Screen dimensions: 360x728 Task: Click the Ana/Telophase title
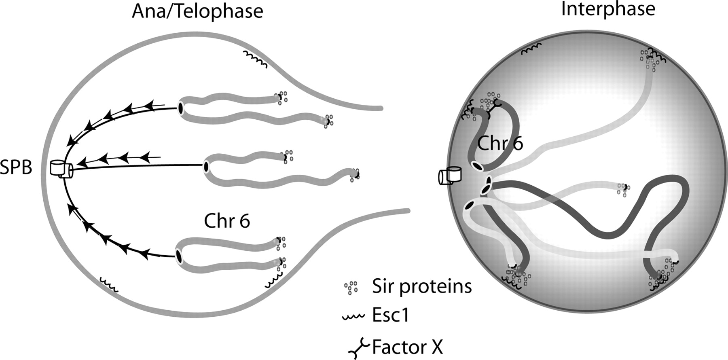pos(197,11)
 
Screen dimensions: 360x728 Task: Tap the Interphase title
pos(608,9)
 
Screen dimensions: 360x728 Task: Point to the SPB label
pos(16,167)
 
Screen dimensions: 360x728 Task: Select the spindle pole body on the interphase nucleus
pos(450,176)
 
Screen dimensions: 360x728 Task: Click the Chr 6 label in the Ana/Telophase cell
pos(227,221)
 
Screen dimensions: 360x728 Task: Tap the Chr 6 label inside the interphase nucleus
pos(500,143)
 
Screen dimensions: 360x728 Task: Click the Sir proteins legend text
pos(422,286)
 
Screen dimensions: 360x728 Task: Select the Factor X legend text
pos(407,347)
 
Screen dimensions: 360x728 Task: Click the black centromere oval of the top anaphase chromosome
pos(180,108)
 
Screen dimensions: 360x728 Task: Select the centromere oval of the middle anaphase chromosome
pos(206,166)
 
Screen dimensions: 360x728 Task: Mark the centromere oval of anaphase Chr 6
pos(178,256)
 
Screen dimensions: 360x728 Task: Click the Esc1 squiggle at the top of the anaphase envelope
pos(255,59)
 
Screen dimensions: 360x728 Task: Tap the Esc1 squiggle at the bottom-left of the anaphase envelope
pos(109,284)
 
